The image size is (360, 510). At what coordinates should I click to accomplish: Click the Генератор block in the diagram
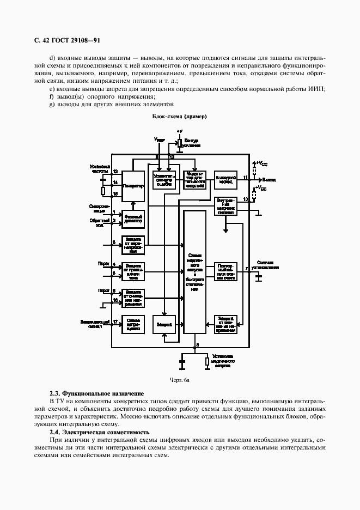133,186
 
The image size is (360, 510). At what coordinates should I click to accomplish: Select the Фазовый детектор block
133,218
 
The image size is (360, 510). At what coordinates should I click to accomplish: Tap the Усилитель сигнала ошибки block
164,180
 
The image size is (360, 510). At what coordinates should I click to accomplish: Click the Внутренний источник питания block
225,207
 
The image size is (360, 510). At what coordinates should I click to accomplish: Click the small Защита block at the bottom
164,324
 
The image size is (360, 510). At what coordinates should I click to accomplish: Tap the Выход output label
269,179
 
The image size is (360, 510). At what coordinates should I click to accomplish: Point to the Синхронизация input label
100,209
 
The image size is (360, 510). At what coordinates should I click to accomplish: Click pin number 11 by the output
246,178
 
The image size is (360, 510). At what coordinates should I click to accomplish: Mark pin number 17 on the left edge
115,322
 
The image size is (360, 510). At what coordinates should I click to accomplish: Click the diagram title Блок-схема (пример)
180,117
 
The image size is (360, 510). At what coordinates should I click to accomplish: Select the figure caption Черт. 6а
180,380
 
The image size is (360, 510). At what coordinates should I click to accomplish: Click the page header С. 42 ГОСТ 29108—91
63,40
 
